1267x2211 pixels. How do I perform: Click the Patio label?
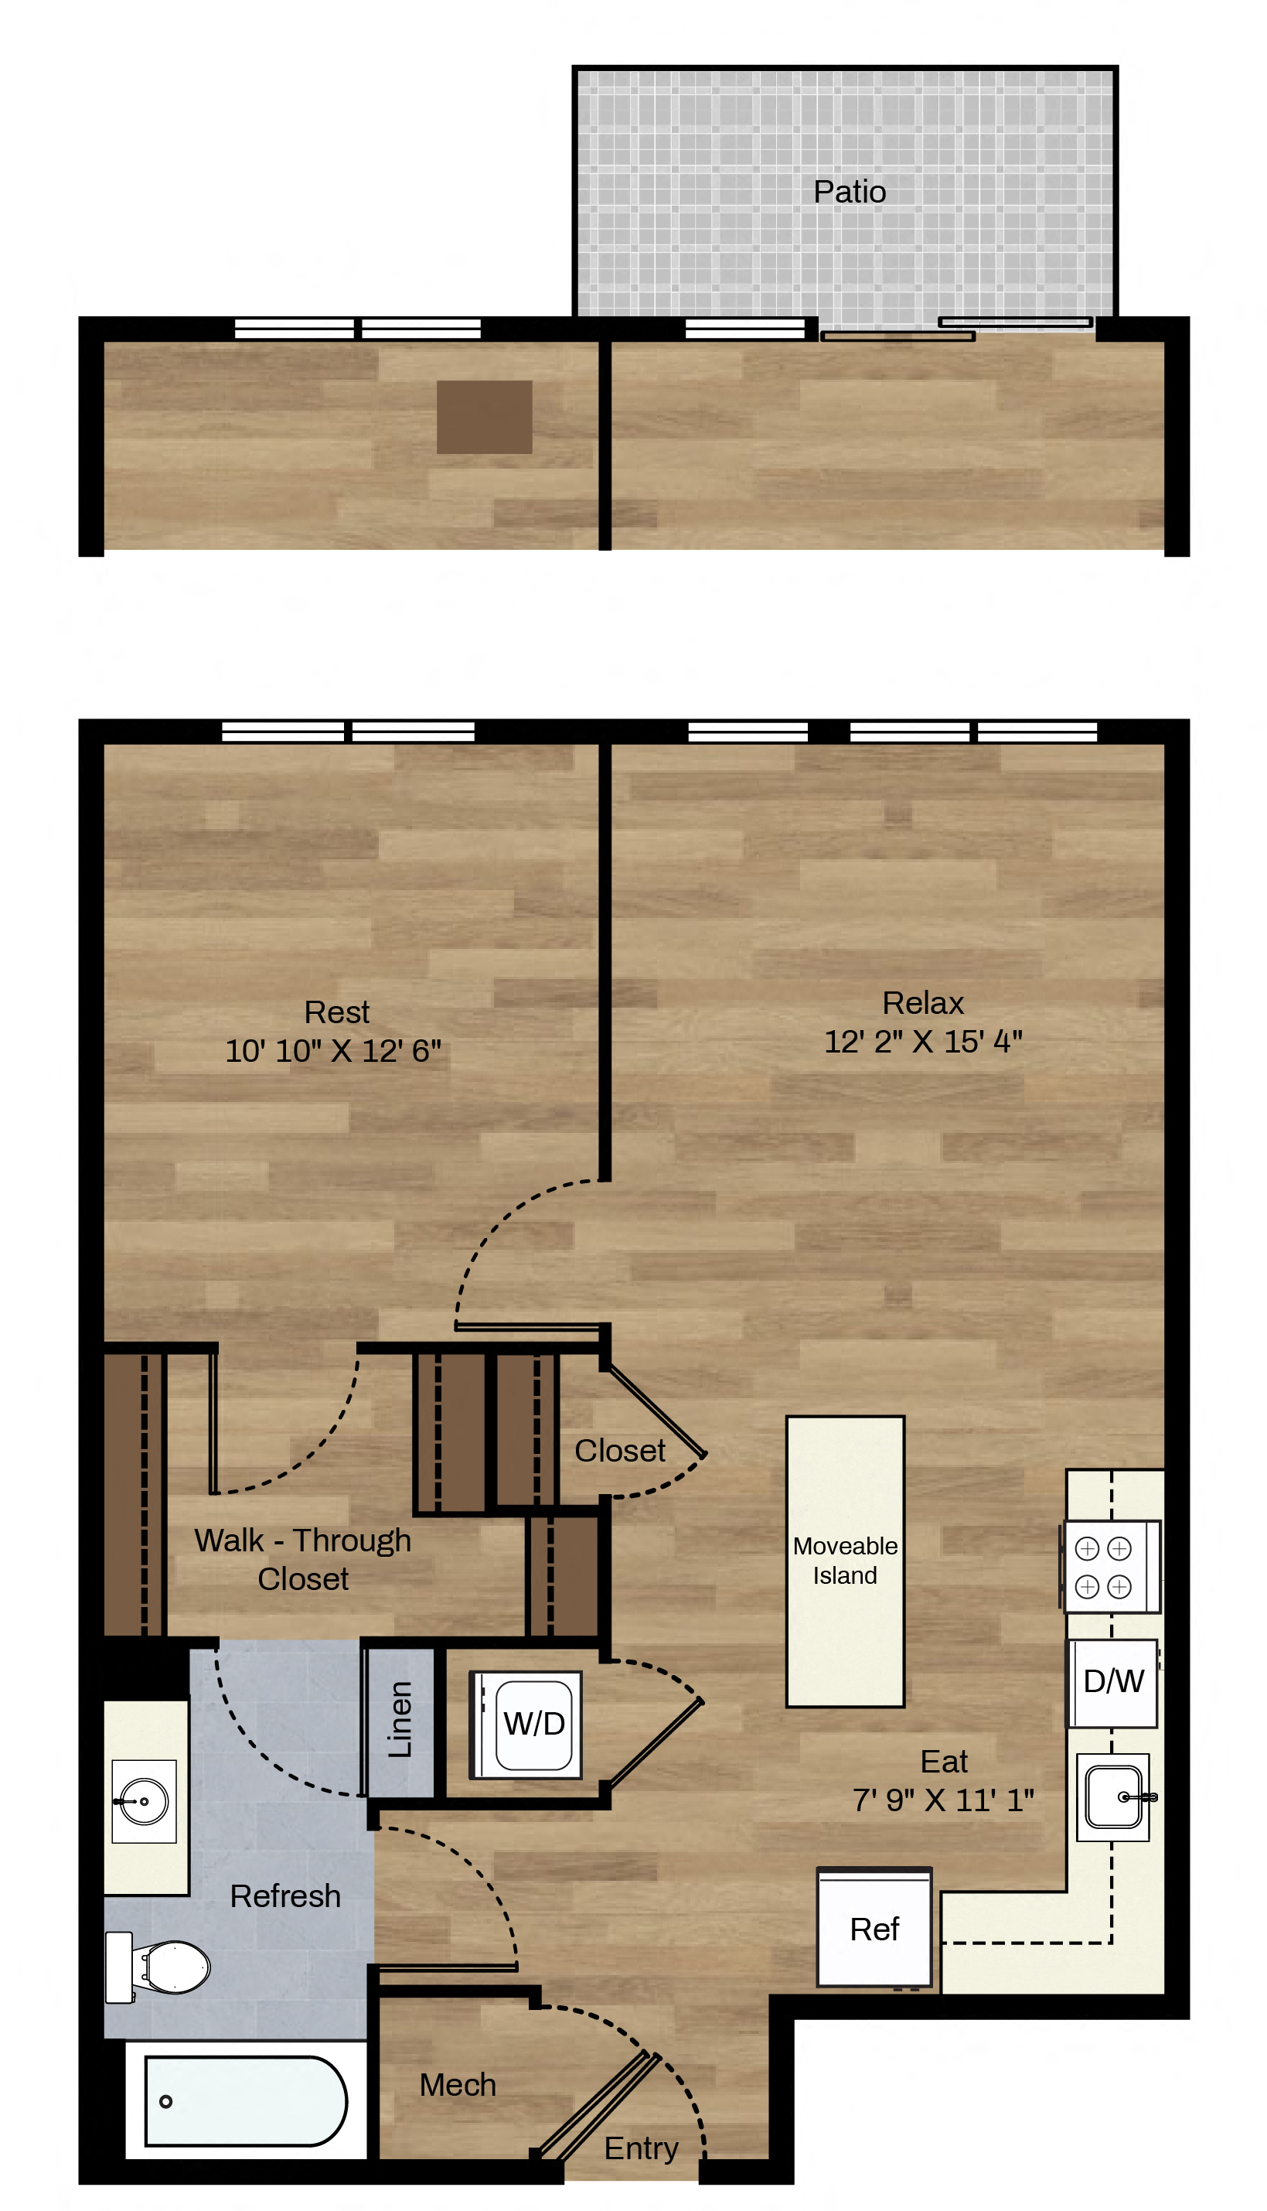tap(850, 192)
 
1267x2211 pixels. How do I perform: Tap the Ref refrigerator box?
tap(874, 1929)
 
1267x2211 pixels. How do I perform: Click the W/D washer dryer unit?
tap(526, 1725)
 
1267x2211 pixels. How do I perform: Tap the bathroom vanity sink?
tap(144, 1801)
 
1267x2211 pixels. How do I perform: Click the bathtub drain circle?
tap(165, 2101)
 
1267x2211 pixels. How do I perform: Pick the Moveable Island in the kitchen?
tap(845, 1561)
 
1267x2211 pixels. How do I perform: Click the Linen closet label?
tap(400, 1720)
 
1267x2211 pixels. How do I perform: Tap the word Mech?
tap(458, 2085)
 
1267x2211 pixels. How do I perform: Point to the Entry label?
tap(642, 2148)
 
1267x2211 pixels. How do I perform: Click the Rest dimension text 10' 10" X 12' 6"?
tap(333, 1051)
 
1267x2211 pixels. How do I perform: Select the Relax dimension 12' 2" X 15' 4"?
tap(923, 1041)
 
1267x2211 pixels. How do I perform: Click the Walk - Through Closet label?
tap(303, 1559)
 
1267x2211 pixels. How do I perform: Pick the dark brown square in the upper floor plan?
tap(484, 417)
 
